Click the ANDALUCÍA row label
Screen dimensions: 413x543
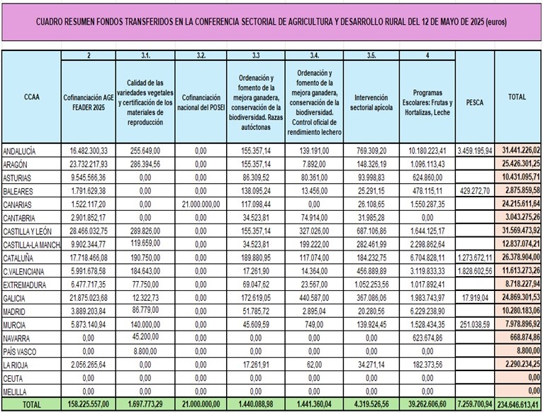tap(20, 151)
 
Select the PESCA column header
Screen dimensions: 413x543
tap(474, 101)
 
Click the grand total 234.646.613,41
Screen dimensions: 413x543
tap(519, 405)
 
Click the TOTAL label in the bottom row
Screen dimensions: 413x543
tap(31, 405)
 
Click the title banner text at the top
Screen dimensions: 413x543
tap(271, 21)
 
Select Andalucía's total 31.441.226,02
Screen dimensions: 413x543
tap(519, 151)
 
